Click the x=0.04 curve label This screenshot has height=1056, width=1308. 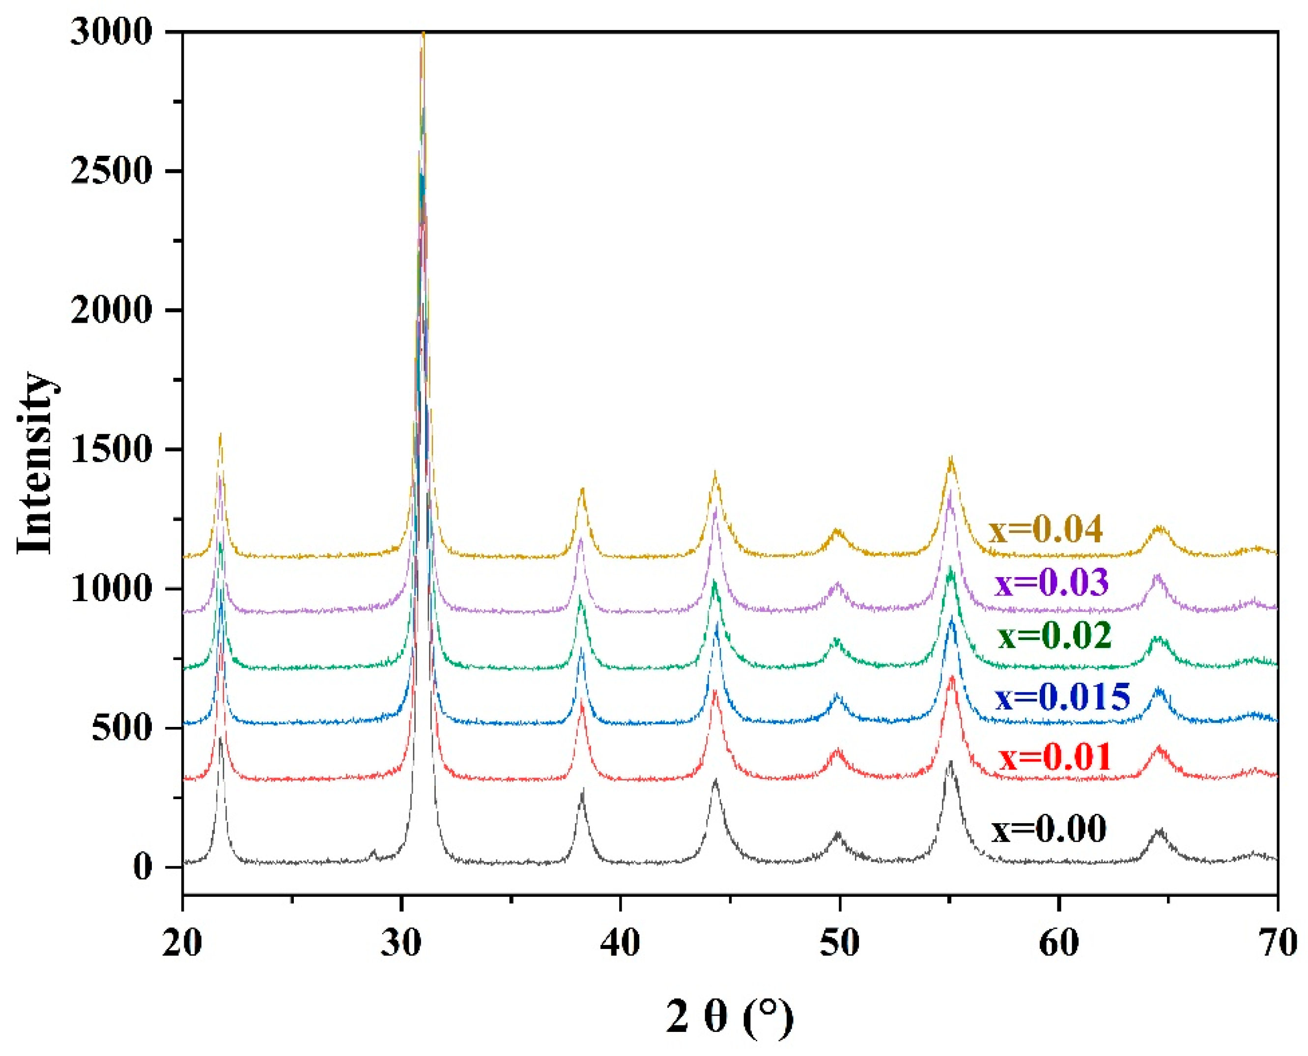[1045, 529]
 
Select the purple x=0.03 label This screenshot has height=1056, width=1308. [1052, 583]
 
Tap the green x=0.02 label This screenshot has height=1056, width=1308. [1054, 636]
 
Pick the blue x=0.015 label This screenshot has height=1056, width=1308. [1062, 696]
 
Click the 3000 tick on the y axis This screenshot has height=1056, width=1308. [110, 31]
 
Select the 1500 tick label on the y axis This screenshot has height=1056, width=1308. [110, 450]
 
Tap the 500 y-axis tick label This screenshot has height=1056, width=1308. [121, 728]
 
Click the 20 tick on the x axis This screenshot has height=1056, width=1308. [182, 944]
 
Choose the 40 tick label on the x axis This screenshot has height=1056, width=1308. [620, 944]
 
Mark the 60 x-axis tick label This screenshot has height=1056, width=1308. [1058, 944]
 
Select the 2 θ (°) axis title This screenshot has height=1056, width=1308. [730, 1016]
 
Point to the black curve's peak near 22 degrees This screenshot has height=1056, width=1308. [220, 737]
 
